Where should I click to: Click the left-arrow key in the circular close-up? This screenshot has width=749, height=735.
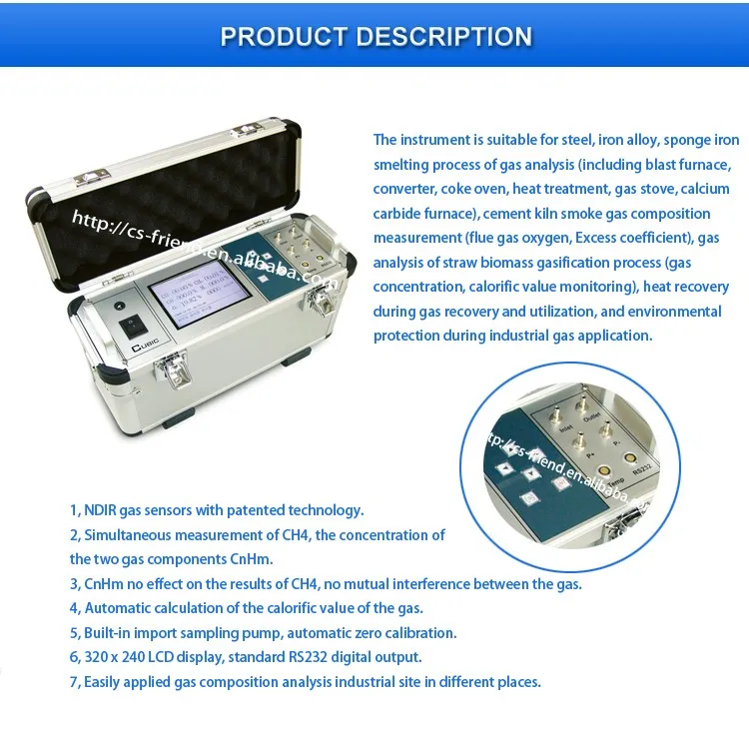tap(505, 469)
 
